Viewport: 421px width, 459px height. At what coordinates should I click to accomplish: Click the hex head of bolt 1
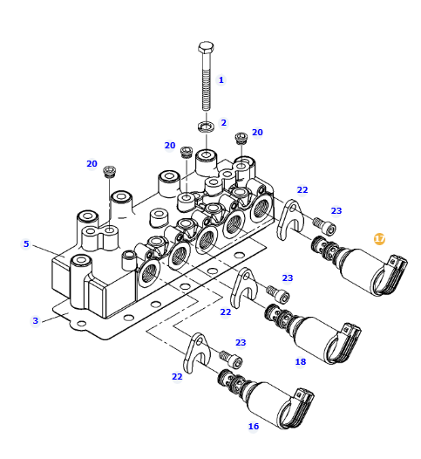click(x=206, y=47)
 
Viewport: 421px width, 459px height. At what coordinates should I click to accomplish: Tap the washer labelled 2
click(x=206, y=127)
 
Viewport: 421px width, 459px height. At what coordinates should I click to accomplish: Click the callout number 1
click(x=221, y=80)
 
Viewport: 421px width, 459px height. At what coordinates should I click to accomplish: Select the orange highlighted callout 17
click(x=379, y=239)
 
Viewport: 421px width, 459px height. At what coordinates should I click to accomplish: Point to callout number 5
click(x=26, y=243)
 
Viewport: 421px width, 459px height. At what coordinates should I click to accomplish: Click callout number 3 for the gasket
click(x=36, y=320)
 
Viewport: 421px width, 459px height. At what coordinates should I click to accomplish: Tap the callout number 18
click(x=301, y=362)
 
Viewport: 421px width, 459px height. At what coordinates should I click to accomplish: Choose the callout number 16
click(x=254, y=426)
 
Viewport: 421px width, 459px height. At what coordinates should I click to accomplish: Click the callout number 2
click(x=224, y=123)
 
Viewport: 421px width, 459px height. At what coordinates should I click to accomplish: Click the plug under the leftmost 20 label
click(x=110, y=171)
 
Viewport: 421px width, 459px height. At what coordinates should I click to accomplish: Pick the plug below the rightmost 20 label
click(x=241, y=138)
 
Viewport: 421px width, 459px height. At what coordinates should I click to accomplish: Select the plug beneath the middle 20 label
click(x=187, y=152)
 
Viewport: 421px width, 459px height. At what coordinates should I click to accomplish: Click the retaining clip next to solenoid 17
click(x=289, y=219)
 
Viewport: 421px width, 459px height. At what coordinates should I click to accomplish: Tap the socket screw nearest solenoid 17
click(x=324, y=225)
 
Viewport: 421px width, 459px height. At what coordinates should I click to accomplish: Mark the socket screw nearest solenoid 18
click(x=278, y=293)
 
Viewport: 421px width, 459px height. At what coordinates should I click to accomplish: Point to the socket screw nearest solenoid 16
click(x=231, y=359)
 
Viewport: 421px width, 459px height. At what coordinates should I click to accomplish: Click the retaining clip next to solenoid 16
click(x=196, y=353)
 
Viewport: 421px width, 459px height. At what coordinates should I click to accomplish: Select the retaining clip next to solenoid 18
click(x=242, y=287)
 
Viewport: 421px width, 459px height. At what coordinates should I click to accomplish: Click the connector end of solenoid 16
click(x=296, y=408)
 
